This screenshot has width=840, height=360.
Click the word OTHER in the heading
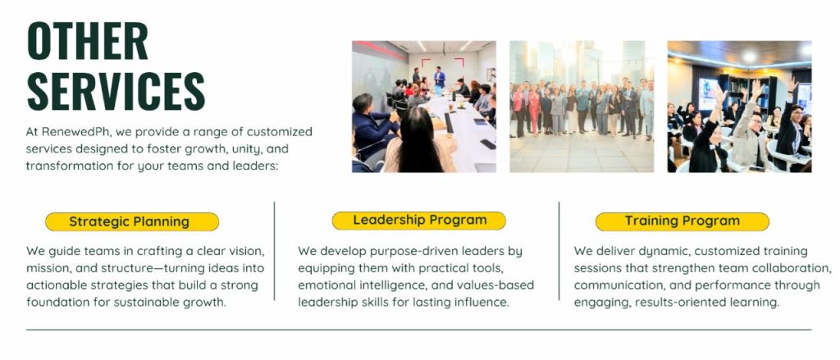(x=87, y=41)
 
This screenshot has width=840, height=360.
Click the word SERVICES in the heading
(x=116, y=91)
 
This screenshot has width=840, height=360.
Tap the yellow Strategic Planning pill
(x=132, y=221)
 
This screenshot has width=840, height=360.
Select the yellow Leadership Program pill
(x=419, y=221)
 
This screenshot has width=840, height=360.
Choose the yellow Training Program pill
(x=682, y=221)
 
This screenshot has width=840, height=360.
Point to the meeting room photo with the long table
(x=424, y=107)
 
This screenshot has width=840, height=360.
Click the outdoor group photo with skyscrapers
(x=582, y=107)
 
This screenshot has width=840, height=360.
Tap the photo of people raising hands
(x=739, y=107)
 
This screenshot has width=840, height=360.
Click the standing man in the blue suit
(x=440, y=77)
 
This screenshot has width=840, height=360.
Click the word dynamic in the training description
(x=663, y=251)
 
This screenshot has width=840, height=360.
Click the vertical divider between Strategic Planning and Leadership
(x=274, y=251)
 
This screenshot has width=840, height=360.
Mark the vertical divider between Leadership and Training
(x=559, y=251)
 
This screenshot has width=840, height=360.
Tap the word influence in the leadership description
(x=480, y=303)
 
